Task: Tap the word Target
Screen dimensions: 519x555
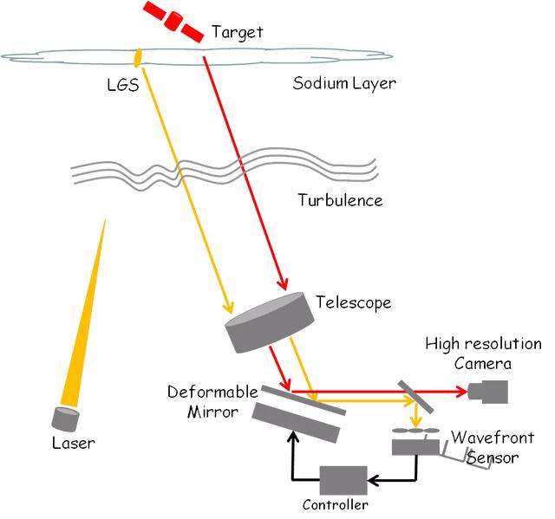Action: click(236, 33)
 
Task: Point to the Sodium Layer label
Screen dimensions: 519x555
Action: click(343, 84)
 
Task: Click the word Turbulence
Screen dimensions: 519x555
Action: click(340, 199)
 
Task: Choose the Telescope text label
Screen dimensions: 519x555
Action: click(353, 302)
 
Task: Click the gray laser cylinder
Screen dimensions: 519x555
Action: click(65, 418)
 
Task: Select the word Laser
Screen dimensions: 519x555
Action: click(73, 444)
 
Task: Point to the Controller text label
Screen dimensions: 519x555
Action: click(335, 504)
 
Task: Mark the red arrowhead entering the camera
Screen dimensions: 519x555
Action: click(460, 391)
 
